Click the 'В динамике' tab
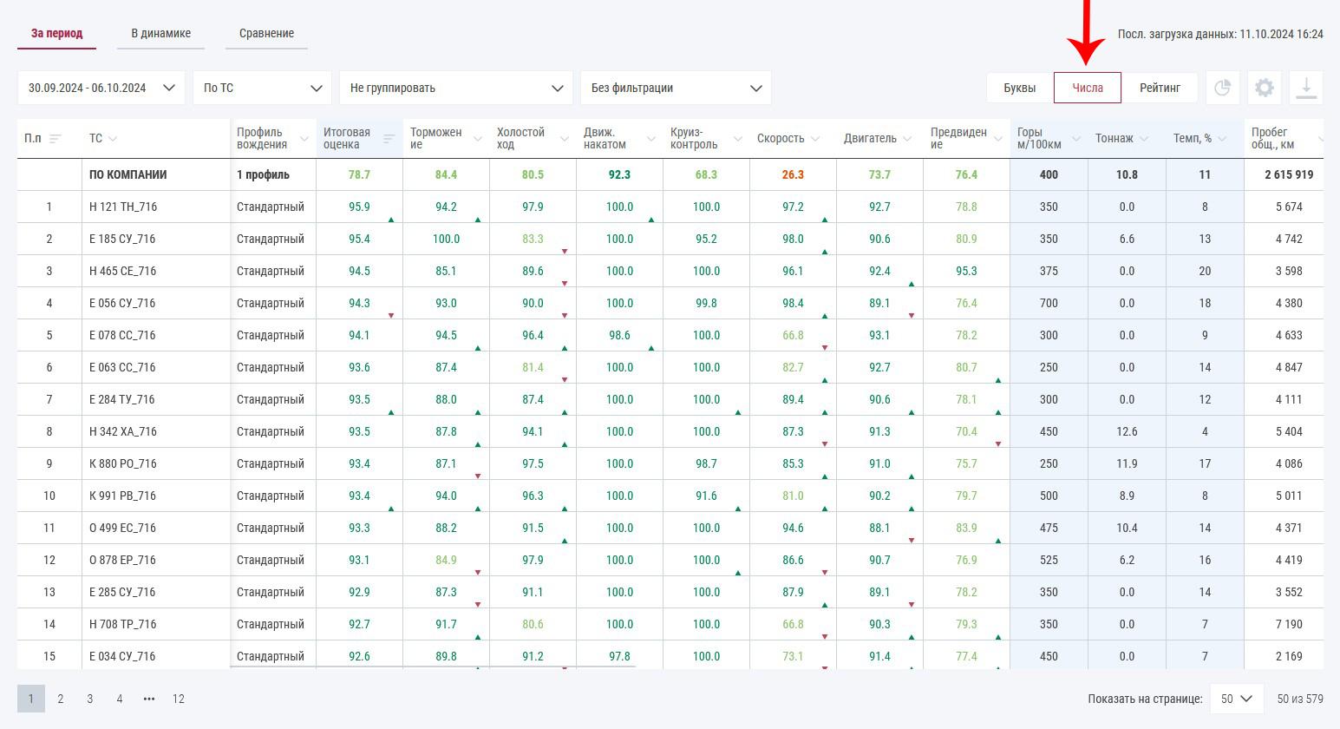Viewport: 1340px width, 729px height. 160,34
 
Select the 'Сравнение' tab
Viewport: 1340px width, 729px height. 266,34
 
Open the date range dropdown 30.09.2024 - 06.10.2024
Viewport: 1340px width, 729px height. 101,88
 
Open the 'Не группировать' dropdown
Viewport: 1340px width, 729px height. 456,88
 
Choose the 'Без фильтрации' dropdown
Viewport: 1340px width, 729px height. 676,88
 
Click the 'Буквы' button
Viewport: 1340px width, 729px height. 1019,88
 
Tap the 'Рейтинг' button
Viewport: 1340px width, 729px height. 1160,88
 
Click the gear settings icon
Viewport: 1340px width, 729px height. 1265,88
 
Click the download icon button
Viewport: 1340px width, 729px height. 1306,88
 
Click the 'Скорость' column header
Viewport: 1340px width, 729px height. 781,139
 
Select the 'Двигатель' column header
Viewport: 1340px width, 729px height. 870,139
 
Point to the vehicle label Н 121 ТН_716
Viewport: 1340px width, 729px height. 123,207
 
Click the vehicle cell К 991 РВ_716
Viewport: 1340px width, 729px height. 123,496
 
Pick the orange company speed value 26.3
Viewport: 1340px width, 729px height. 793,175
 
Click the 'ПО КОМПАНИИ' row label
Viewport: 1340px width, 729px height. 127,175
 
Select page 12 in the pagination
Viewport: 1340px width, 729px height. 178,699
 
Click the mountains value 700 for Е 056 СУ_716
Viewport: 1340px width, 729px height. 1049,304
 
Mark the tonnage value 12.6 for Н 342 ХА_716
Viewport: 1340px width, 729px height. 1127,432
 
